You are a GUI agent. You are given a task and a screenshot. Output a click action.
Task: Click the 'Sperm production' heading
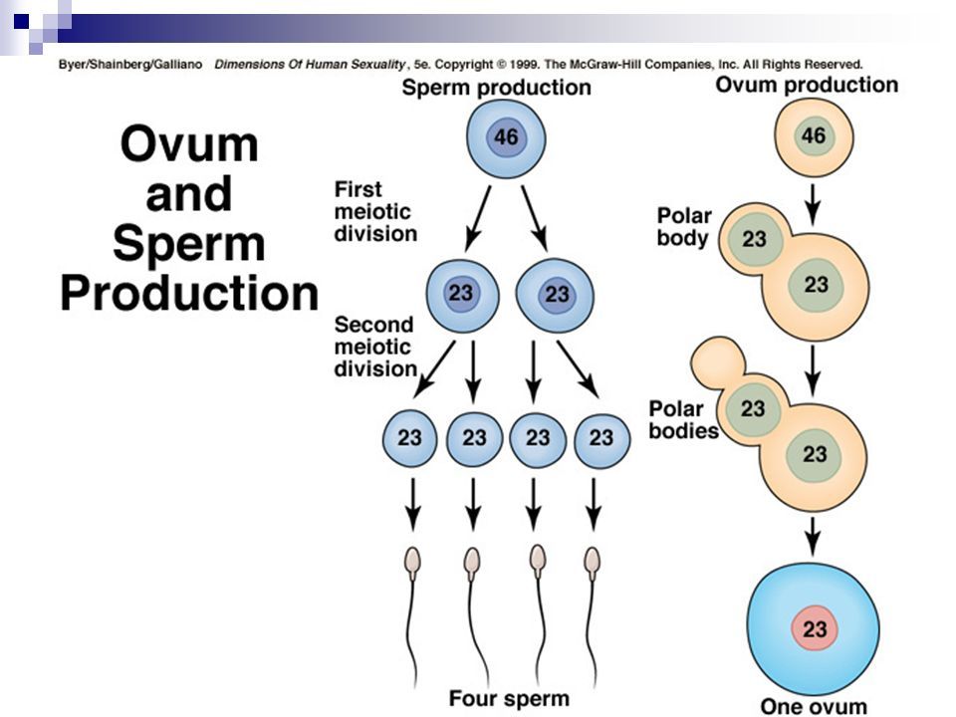click(496, 88)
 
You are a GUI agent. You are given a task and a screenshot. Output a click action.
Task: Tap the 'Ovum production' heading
click(807, 85)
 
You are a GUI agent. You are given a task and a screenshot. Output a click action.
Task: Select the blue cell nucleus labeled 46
click(506, 137)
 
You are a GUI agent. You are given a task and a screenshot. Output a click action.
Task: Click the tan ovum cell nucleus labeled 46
click(814, 135)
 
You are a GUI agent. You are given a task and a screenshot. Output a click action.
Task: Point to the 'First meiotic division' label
click(375, 211)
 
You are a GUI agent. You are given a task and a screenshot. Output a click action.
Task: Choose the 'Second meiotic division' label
click(375, 347)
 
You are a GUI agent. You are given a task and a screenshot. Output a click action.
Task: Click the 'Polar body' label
click(684, 227)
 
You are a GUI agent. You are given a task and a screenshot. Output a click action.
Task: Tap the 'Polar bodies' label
click(683, 419)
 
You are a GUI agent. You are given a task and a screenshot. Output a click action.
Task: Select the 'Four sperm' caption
click(509, 698)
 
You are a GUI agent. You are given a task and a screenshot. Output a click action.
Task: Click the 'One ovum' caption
click(814, 706)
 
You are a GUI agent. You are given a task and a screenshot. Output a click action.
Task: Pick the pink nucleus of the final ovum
click(815, 628)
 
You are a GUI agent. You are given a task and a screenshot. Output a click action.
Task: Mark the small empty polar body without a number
click(718, 360)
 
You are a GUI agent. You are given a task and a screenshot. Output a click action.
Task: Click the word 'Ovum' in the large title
click(189, 143)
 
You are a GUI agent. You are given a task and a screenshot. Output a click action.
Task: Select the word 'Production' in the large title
click(189, 293)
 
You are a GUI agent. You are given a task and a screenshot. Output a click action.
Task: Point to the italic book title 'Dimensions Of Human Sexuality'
click(310, 64)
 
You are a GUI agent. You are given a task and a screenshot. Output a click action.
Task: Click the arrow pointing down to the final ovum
click(812, 537)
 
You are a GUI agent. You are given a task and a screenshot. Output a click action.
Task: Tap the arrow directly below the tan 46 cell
click(813, 204)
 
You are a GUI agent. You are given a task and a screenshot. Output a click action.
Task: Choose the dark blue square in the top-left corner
click(21, 21)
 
